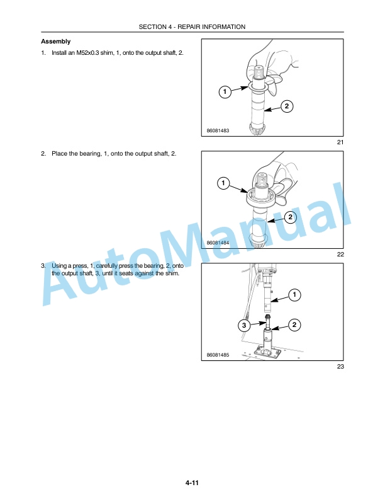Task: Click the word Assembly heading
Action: tap(55, 42)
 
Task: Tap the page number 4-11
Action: tap(192, 483)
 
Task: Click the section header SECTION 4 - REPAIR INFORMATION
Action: tap(192, 27)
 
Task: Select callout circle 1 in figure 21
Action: tap(225, 92)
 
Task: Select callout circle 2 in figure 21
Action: tap(287, 106)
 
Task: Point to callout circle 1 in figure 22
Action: tap(223, 183)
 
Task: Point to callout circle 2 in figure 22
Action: tap(290, 217)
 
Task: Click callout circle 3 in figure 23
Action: tap(244, 325)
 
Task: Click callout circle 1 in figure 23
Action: tap(294, 295)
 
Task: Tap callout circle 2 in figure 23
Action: tap(294, 325)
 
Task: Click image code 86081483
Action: tap(218, 130)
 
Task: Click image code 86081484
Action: tap(218, 243)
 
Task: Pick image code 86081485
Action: tap(218, 355)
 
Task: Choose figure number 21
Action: tap(340, 142)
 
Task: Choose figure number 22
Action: tap(340, 255)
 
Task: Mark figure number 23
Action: tap(340, 366)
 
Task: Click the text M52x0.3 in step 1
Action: tap(87, 53)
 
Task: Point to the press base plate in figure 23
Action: tap(267, 353)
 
